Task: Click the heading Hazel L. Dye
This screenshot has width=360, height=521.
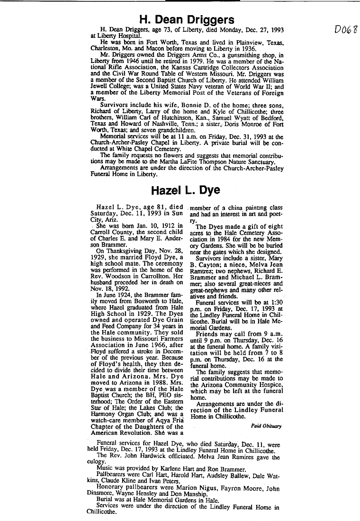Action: tap(185, 190)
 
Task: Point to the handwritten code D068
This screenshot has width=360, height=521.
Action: tap(345, 31)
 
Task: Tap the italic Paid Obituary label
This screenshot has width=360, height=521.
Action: tap(267, 426)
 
